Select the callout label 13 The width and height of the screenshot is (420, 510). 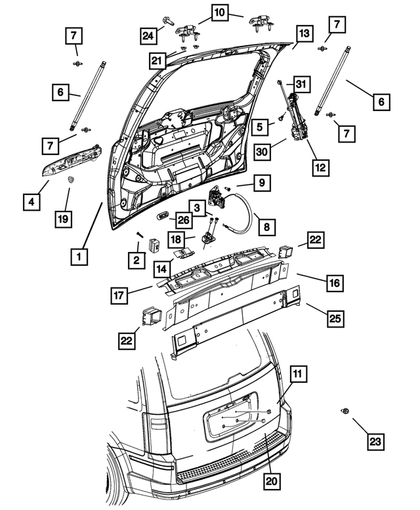point(303,34)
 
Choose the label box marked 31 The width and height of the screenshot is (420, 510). point(300,85)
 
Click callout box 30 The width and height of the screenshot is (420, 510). point(263,150)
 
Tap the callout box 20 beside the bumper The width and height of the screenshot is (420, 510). point(271,482)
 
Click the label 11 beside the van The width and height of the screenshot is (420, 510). point(297,375)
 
